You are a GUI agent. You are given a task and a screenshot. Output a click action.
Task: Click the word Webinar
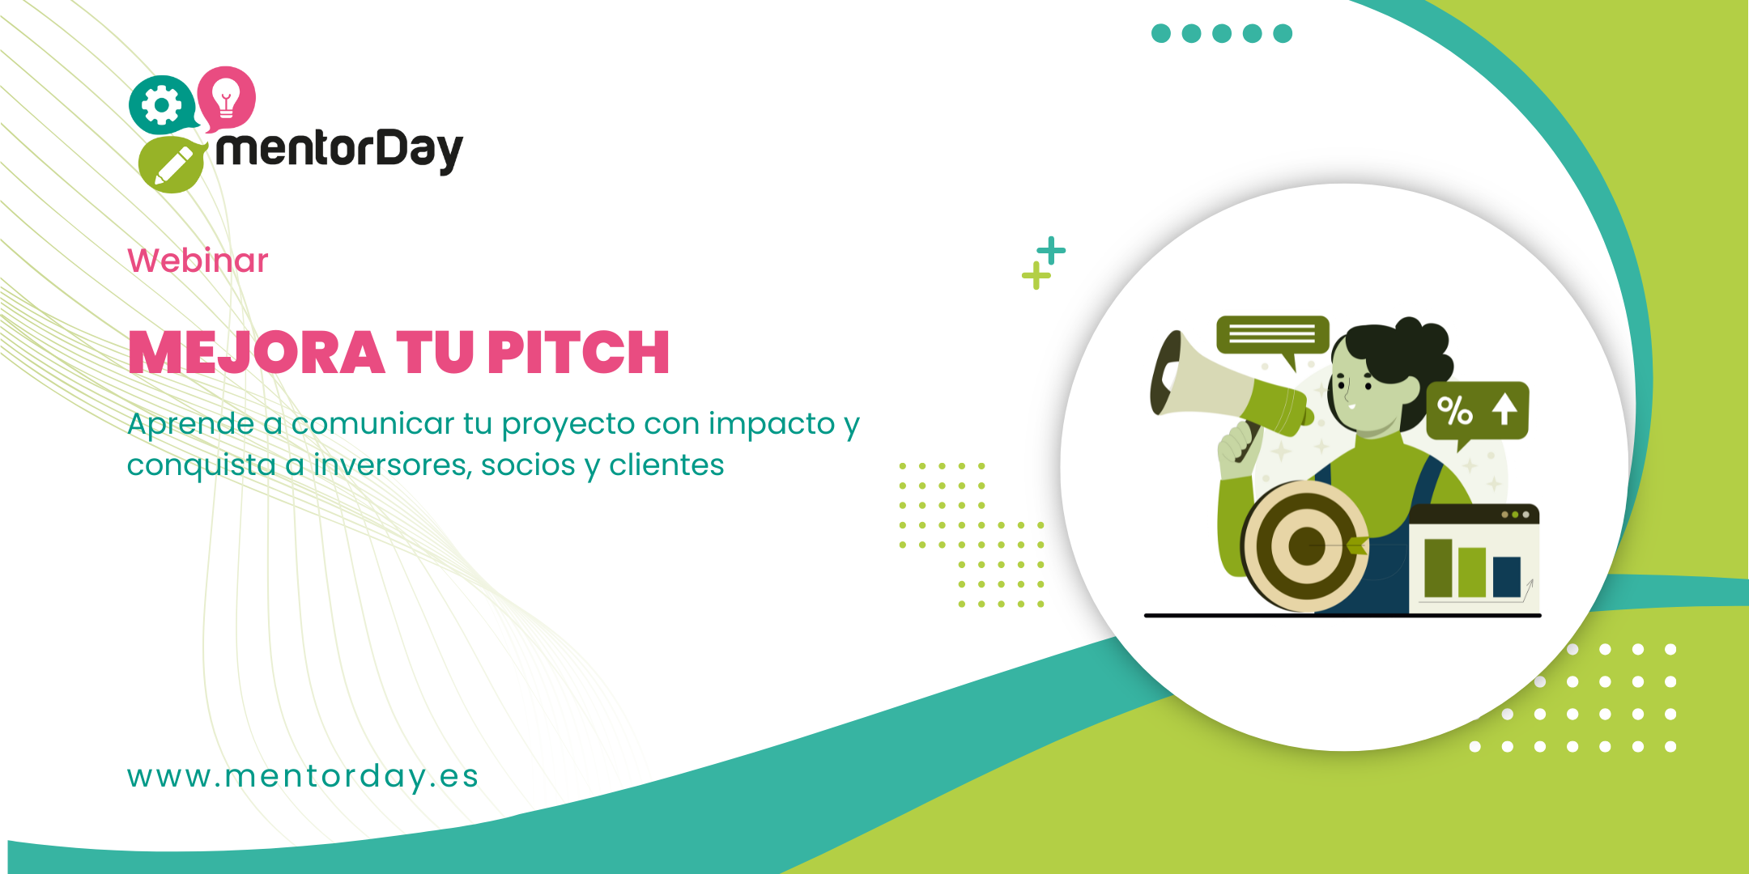pyautogui.click(x=198, y=261)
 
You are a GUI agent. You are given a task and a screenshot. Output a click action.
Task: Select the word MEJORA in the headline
pyautogui.click(x=257, y=353)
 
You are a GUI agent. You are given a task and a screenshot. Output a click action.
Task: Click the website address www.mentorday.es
pyautogui.click(x=303, y=775)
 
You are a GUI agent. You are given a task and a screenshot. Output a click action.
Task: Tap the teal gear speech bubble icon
pyautogui.click(x=163, y=105)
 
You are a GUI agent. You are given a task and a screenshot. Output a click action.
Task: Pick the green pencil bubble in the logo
pyautogui.click(x=172, y=165)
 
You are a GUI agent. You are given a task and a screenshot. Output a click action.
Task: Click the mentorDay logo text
pyautogui.click(x=339, y=151)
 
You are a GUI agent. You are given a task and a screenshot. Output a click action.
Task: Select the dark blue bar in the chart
pyautogui.click(x=1507, y=576)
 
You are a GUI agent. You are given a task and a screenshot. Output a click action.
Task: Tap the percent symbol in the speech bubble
pyautogui.click(x=1455, y=410)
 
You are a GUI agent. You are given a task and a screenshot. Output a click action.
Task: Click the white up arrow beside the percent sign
pyautogui.click(x=1504, y=409)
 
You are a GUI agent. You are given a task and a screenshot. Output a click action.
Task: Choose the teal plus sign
pyautogui.click(x=1051, y=251)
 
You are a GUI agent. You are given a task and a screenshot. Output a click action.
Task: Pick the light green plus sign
pyautogui.click(x=1036, y=276)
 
